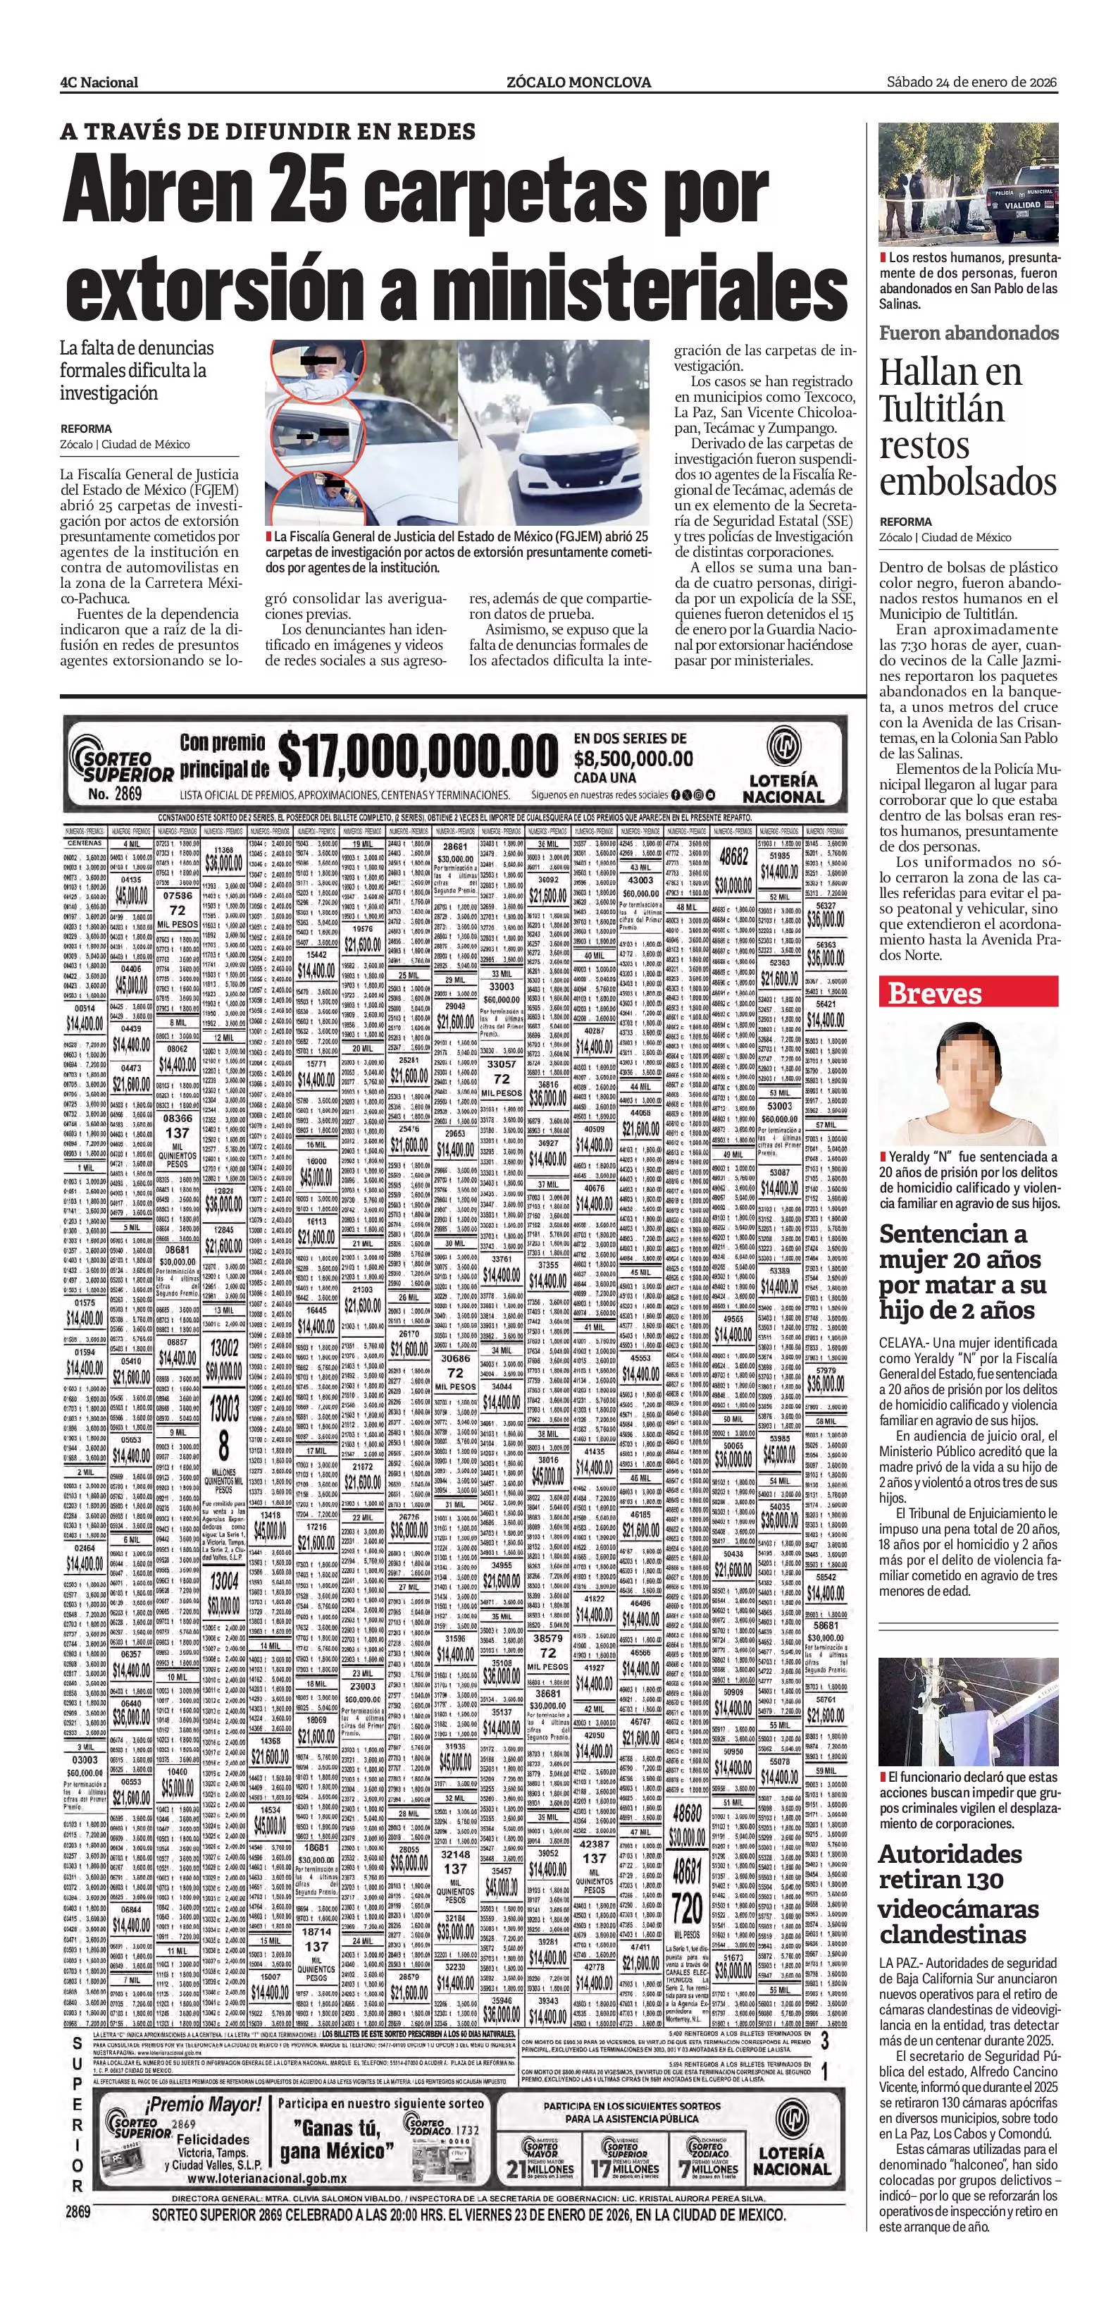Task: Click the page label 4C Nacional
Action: [x=99, y=82]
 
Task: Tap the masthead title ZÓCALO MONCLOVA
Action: [x=578, y=82]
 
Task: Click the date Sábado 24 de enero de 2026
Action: [x=972, y=82]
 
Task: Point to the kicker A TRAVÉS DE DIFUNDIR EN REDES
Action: [x=268, y=132]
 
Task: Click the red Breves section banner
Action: [x=969, y=992]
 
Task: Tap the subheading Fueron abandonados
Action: [x=969, y=333]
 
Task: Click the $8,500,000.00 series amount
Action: [x=633, y=758]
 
